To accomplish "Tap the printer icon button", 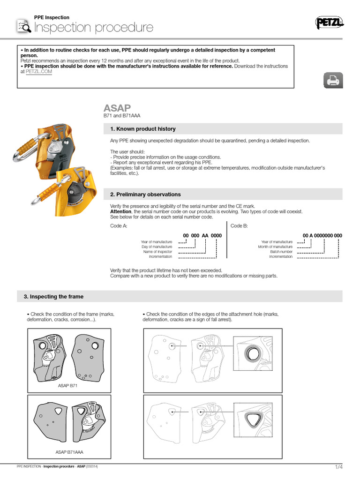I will click(x=332, y=81).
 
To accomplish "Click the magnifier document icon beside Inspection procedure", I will click(x=23, y=27).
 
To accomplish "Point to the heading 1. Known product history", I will click(x=142, y=129).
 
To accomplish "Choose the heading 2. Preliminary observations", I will click(x=145, y=194).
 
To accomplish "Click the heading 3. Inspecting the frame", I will click(x=53, y=296).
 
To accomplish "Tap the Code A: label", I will click(x=119, y=225).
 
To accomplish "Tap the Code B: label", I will click(x=239, y=225).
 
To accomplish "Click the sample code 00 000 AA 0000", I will click(x=202, y=235).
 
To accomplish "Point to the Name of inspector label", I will click(x=157, y=252).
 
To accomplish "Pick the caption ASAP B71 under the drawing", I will click(x=67, y=385).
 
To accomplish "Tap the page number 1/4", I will click(x=338, y=467).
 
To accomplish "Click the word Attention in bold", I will click(x=121, y=212).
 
